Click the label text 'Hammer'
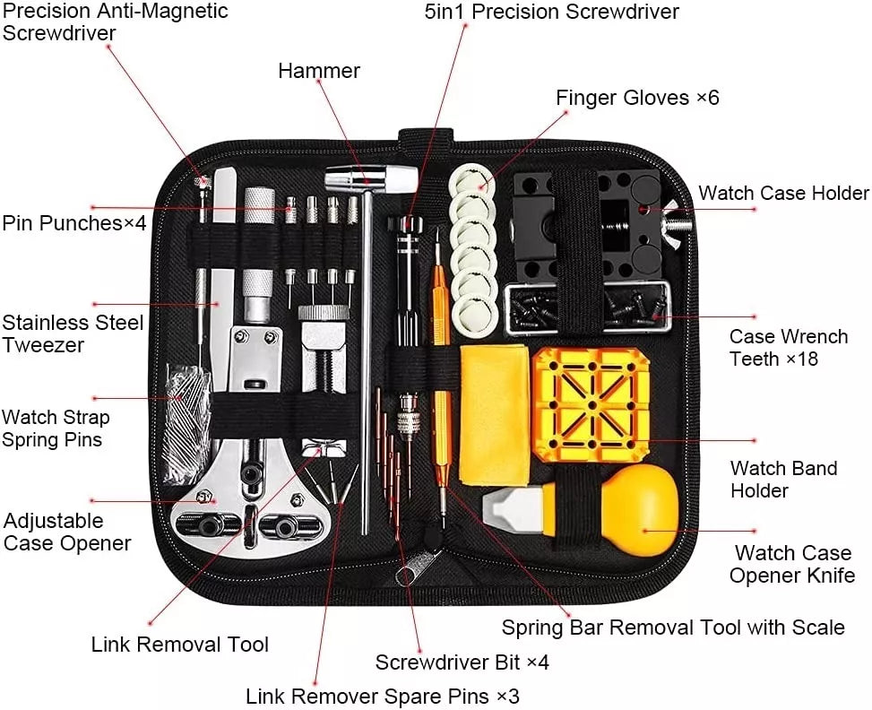coord(318,71)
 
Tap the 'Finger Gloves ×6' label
coord(637,97)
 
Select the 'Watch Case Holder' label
coord(783,193)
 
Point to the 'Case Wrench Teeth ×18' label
coord(788,348)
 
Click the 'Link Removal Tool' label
coord(179,644)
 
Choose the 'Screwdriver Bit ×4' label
coord(462,662)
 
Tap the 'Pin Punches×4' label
coord(73,222)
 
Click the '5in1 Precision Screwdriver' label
coord(551,12)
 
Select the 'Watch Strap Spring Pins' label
coord(56,429)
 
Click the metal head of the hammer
coord(369,179)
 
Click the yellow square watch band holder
coord(591,403)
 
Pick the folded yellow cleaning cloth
coord(495,412)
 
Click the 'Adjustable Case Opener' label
coord(67,532)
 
